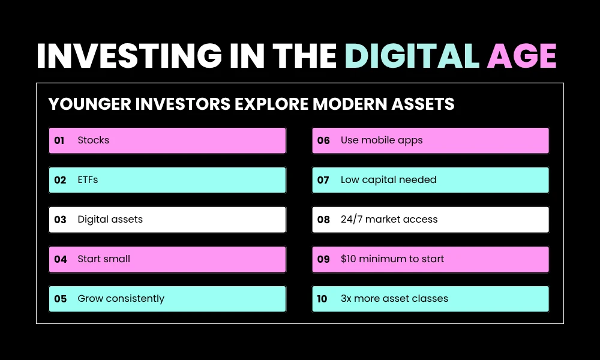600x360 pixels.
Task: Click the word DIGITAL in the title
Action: (413, 56)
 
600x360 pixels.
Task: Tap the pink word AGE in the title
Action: (522, 56)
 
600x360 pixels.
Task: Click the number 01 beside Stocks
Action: (59, 140)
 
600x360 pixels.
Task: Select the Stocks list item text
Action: (94, 140)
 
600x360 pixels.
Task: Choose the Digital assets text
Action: (110, 220)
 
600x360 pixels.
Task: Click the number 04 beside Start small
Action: (60, 259)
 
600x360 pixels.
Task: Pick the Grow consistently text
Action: (121, 299)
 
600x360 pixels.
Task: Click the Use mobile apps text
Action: (382, 140)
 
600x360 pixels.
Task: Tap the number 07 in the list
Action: (323, 180)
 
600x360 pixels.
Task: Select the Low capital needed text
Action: (388, 180)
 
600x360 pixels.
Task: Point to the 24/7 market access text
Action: (389, 220)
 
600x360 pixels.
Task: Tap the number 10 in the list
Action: (323, 299)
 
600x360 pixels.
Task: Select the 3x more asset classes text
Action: (394, 299)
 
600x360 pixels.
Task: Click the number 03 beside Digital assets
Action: (60, 220)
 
